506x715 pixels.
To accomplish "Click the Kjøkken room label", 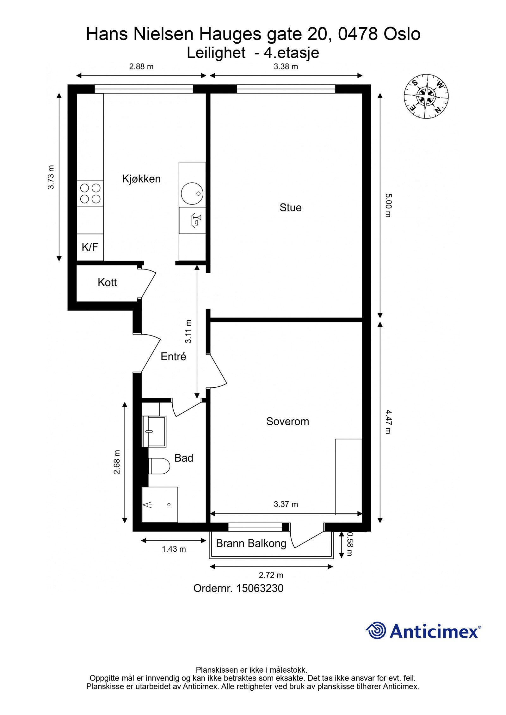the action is (141, 179).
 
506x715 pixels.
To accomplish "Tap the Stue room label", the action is (290, 208).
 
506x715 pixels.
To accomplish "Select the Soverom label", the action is (287, 421).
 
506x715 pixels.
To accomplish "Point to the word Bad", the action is (184, 458).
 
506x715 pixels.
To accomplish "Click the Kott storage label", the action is (107, 282).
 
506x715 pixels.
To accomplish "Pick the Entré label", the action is (173, 356).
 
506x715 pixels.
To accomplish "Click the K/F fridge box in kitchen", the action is (90, 247).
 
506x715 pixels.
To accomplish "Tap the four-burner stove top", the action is (90, 193).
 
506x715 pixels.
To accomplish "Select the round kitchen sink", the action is (192, 193).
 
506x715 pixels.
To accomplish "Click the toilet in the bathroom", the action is (159, 466).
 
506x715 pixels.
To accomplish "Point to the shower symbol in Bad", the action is (160, 505).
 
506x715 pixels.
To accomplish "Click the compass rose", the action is (426, 96).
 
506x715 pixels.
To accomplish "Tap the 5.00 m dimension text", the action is (388, 205).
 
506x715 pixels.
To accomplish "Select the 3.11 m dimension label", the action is (188, 331).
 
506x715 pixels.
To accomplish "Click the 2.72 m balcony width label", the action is (271, 575).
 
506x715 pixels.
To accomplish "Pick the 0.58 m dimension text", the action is (349, 543).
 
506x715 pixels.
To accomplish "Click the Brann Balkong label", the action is (251, 543).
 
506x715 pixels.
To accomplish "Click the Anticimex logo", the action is (423, 631).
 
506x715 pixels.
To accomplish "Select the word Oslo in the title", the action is (402, 34).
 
